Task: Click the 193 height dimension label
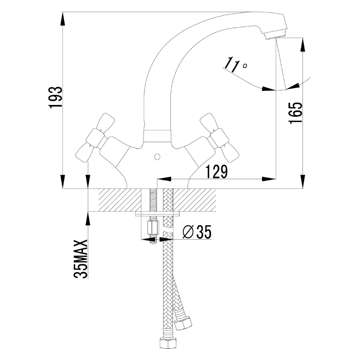(55, 97)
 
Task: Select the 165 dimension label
(295, 113)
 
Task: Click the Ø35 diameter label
(197, 232)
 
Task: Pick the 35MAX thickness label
(81, 259)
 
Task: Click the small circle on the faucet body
(157, 157)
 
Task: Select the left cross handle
(95, 137)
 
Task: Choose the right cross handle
(219, 137)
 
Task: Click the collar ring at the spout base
(157, 136)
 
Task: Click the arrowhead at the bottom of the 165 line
(303, 182)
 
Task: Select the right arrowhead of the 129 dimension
(269, 179)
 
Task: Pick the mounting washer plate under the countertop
(157, 214)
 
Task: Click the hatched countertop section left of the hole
(120, 200)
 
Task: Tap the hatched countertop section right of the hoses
(194, 200)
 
